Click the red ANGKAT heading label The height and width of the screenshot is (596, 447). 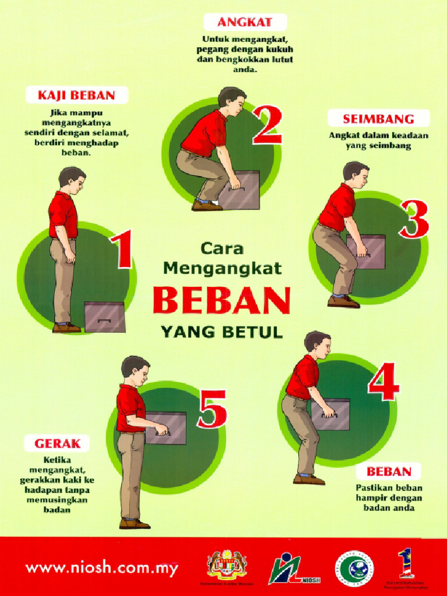(x=237, y=23)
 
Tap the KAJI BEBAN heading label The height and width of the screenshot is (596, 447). (x=76, y=95)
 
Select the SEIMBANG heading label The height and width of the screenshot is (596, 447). (x=378, y=119)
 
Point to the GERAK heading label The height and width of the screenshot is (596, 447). (x=57, y=444)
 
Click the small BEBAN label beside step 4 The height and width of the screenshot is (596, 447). (x=389, y=471)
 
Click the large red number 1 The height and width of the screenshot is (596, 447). (x=123, y=250)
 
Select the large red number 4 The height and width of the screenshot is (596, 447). (x=383, y=383)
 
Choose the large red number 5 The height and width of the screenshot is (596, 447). (x=212, y=409)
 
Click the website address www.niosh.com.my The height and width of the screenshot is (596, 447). (x=101, y=568)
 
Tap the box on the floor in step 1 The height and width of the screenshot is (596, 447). (x=105, y=317)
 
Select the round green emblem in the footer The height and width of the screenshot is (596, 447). (x=353, y=567)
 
